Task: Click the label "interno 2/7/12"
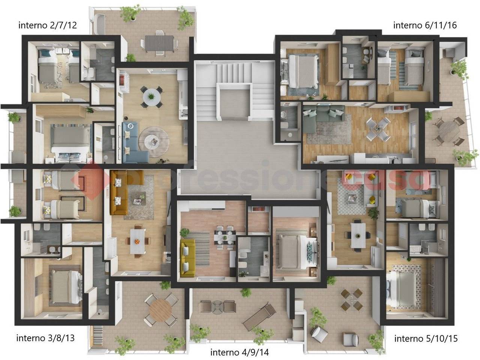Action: point(48,25)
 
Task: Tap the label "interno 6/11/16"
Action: point(425,25)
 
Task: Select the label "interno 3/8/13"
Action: point(45,338)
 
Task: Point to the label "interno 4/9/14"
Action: point(240,352)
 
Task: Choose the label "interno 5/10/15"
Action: point(426,338)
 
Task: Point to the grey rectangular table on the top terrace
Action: point(159,43)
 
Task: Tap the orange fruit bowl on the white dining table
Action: point(137,241)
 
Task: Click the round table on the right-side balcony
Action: point(449,131)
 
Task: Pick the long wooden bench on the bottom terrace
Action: point(259,316)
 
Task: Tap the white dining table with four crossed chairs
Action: point(378,129)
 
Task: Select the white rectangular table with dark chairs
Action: point(358,235)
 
